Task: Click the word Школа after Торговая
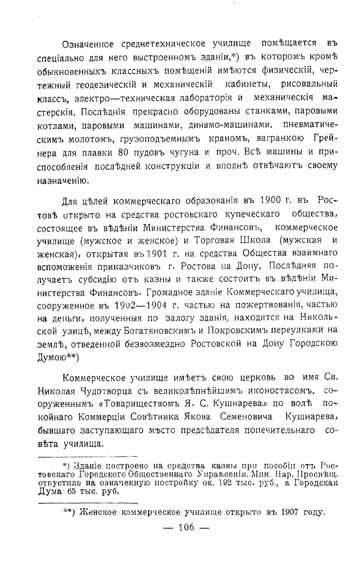(x=255, y=240)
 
